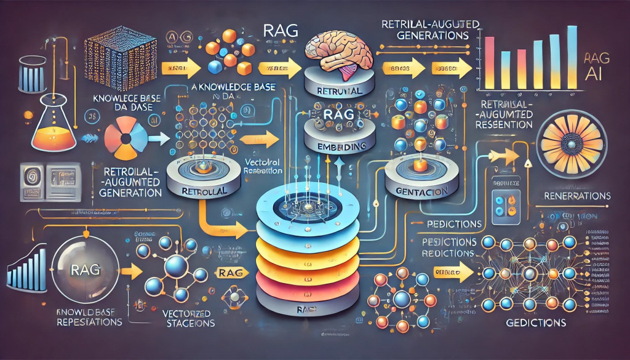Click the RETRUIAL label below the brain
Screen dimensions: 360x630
tap(336, 91)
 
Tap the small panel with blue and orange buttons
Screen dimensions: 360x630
tap(504, 202)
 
